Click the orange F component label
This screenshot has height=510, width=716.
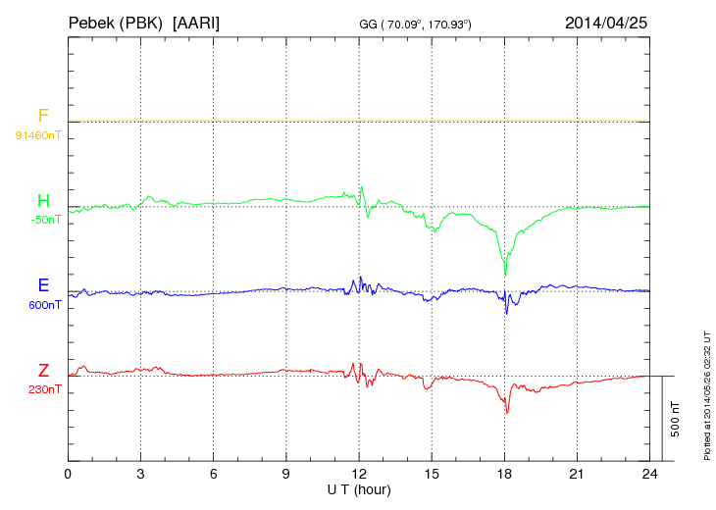tap(43, 117)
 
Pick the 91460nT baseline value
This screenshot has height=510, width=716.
tap(38, 134)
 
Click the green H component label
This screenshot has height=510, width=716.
tap(43, 202)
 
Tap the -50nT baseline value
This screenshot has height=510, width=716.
tap(45, 220)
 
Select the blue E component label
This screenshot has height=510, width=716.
tap(43, 286)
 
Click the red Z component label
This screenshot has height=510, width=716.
tap(43, 371)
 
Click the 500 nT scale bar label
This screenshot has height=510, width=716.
tap(675, 418)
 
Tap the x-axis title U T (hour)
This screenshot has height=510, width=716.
tap(359, 488)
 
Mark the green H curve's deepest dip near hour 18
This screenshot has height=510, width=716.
tap(505, 274)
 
